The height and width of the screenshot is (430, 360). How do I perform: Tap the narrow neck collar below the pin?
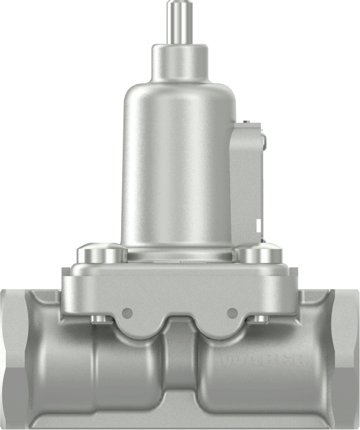click(x=179, y=60)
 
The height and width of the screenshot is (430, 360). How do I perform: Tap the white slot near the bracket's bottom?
click(x=259, y=224)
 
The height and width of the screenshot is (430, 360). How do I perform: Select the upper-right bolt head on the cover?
click(x=258, y=253)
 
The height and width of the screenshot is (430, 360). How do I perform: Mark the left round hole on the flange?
click(x=127, y=313)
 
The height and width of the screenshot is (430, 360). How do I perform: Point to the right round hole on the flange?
click(x=232, y=313)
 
